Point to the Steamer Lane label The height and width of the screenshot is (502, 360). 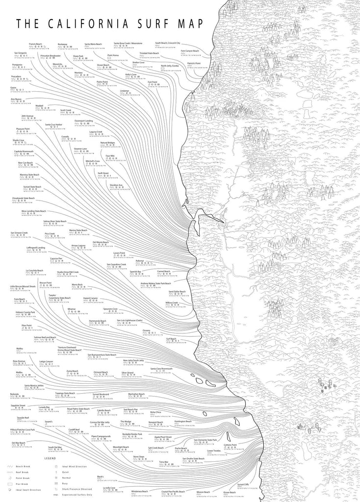(x=80, y=148)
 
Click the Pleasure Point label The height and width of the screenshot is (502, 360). (x=24, y=128)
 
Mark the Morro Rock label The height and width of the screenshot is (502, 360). (x=77, y=284)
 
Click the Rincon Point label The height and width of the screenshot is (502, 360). (x=45, y=283)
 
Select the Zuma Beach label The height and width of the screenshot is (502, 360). (x=73, y=371)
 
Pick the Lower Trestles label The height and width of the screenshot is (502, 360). (x=214, y=451)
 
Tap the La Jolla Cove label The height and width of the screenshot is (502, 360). (x=109, y=488)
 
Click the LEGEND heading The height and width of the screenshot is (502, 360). (x=51, y=458)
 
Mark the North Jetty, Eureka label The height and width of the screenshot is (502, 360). (x=171, y=66)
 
